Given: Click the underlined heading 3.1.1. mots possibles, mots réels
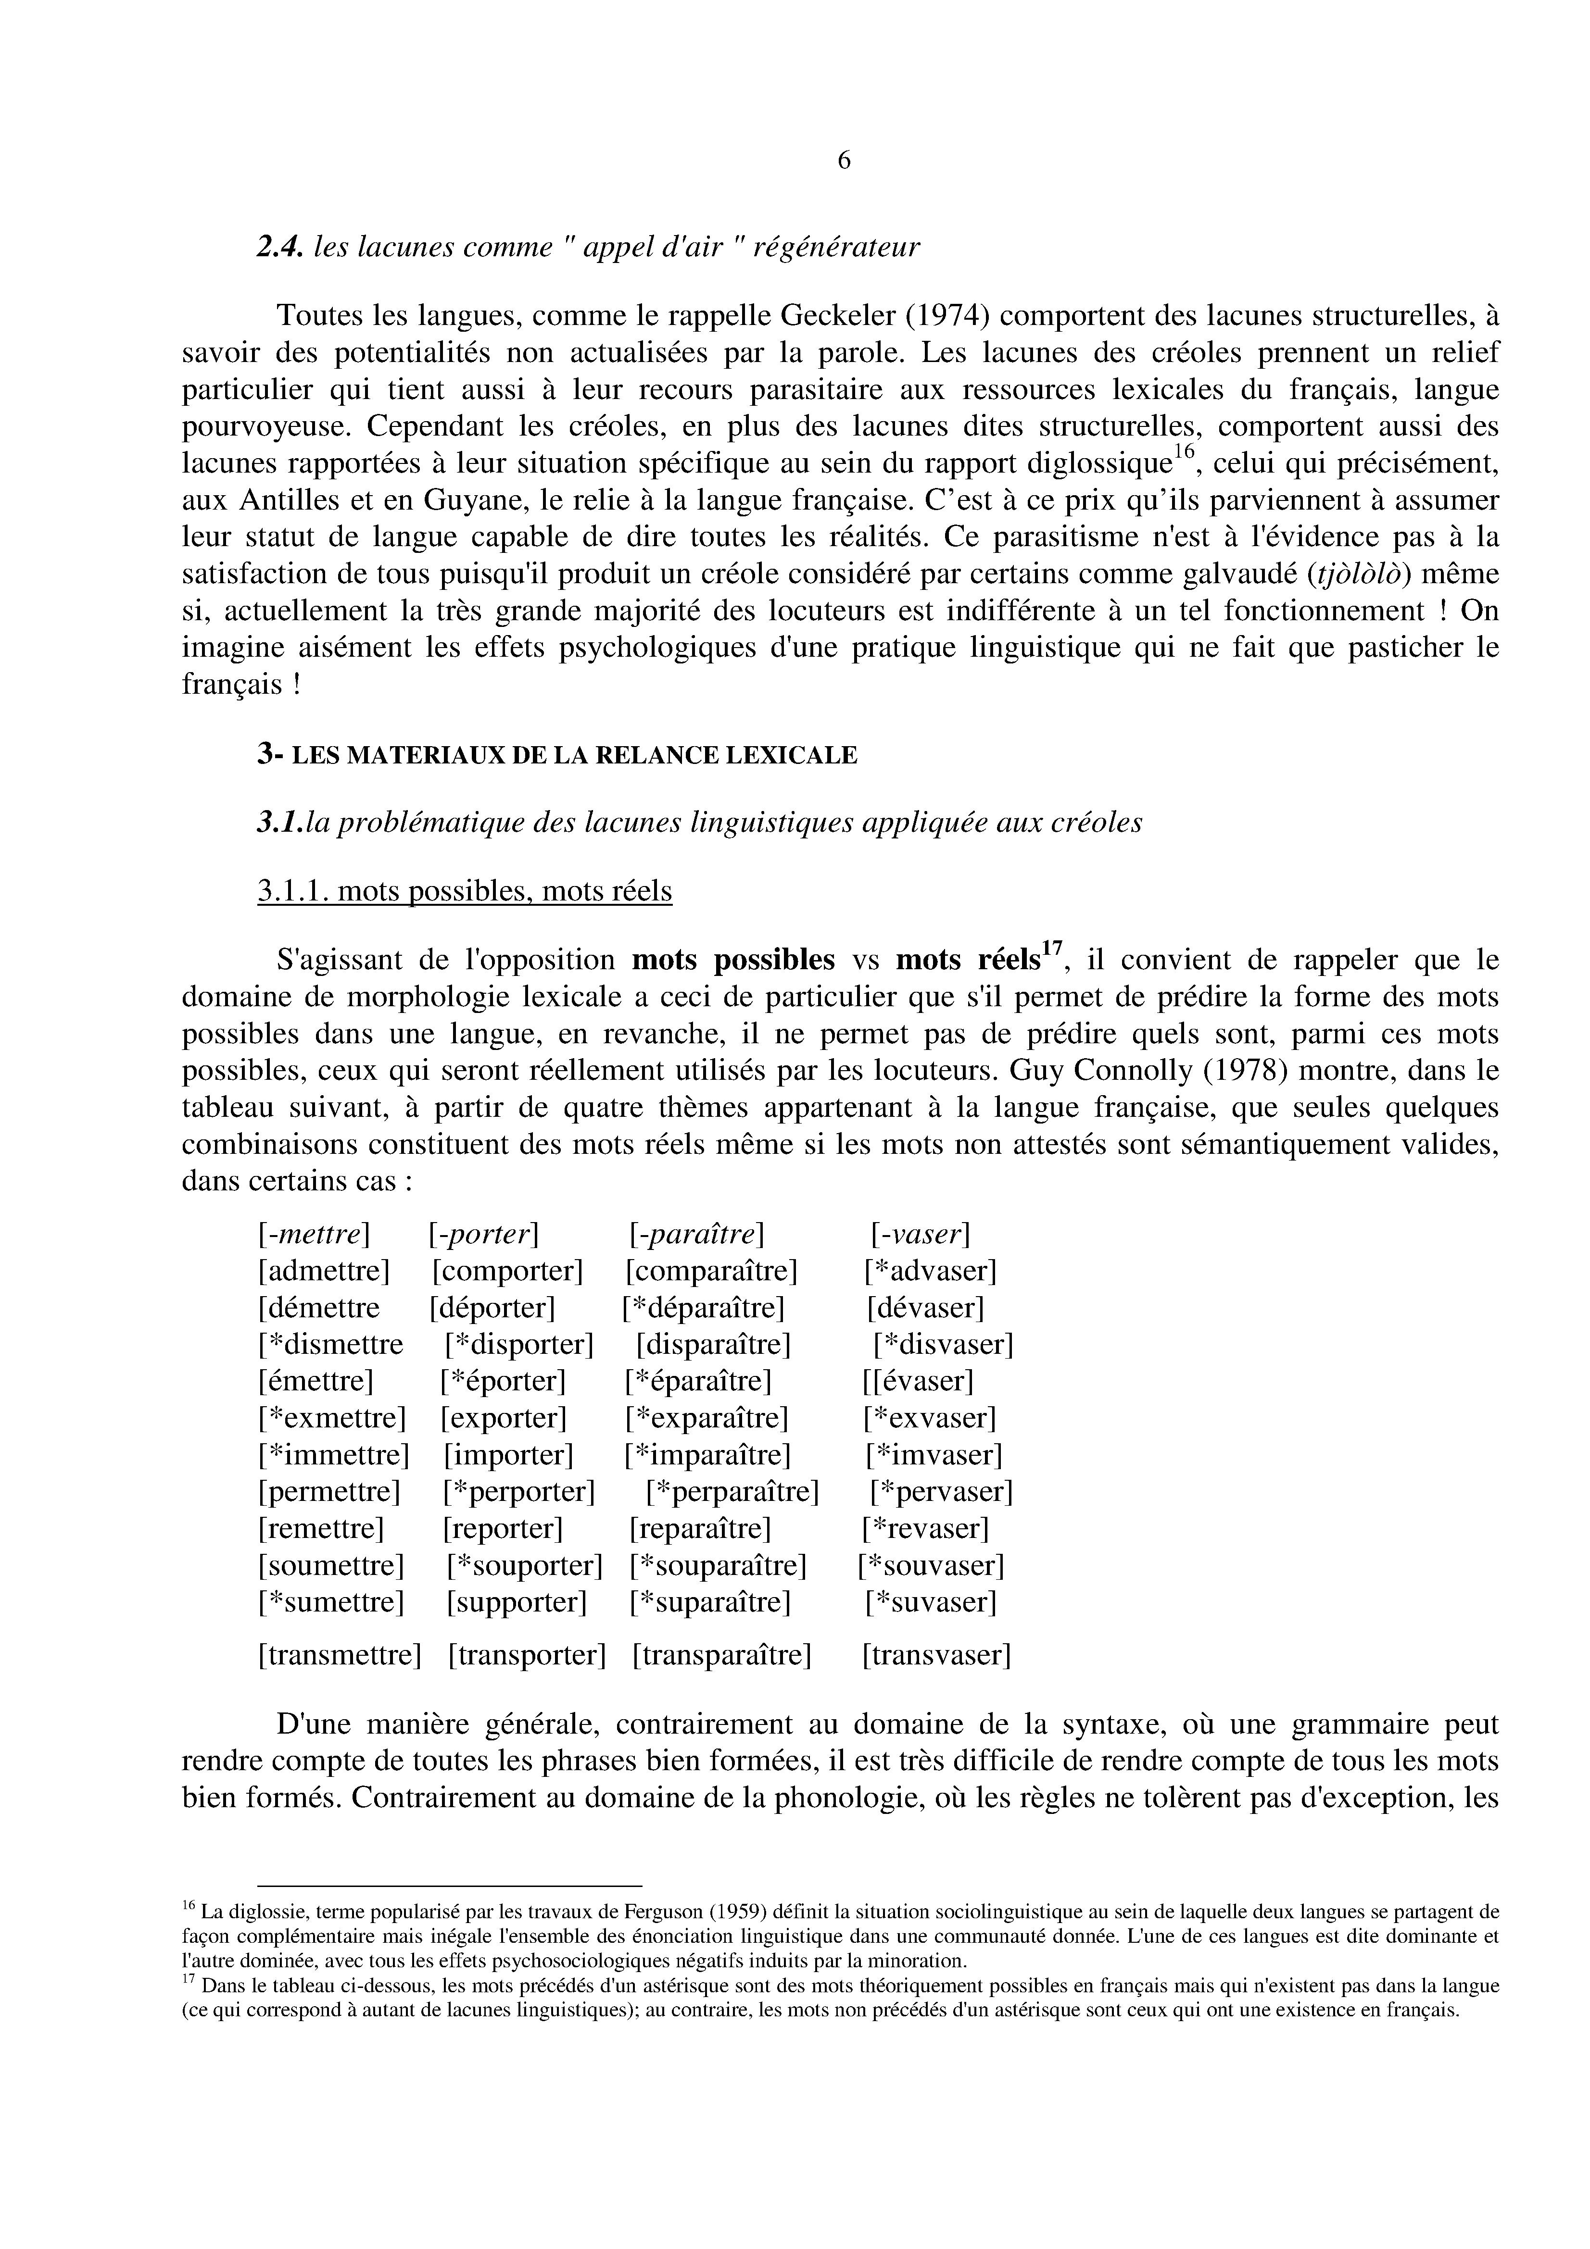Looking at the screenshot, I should pyautogui.click(x=465, y=891).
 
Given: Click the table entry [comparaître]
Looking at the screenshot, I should pyautogui.click(x=711, y=1272).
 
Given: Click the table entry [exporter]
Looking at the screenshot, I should pyautogui.click(x=504, y=1418).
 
